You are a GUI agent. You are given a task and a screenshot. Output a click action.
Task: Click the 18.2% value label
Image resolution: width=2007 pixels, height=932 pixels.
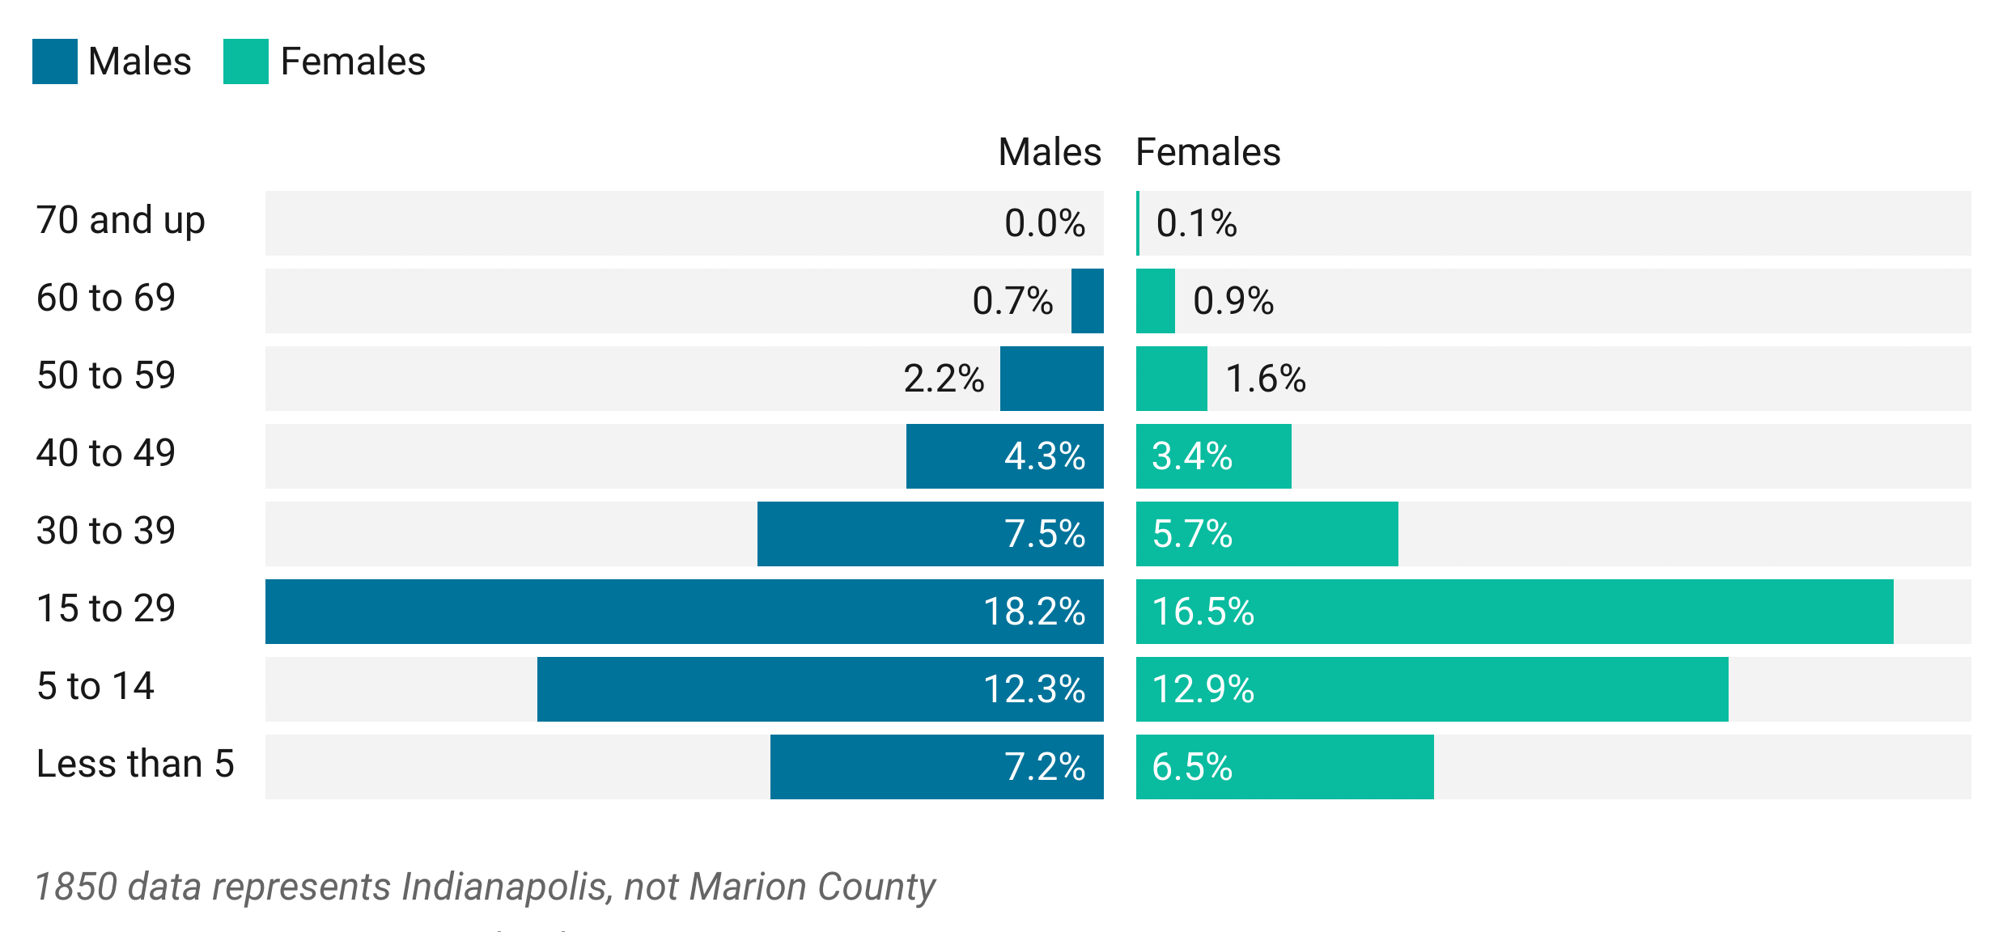point(1033,612)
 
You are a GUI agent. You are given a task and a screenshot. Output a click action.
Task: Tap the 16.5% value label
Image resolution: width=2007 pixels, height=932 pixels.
point(1203,612)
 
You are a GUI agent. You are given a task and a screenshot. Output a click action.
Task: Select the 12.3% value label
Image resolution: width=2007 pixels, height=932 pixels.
point(1033,689)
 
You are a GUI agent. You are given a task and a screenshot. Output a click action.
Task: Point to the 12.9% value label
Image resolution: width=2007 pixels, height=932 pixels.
point(1203,689)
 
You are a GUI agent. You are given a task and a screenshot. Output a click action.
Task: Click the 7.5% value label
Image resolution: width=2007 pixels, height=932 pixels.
point(1044,534)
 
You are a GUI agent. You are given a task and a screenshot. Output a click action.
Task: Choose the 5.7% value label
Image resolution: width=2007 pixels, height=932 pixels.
point(1192,534)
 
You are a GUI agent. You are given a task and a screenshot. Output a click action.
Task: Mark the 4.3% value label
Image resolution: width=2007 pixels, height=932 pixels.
point(1044,456)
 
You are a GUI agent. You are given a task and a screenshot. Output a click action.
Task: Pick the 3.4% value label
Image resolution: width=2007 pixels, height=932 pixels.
point(1192,456)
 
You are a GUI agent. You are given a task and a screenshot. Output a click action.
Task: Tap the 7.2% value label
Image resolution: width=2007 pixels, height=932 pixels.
point(1044,767)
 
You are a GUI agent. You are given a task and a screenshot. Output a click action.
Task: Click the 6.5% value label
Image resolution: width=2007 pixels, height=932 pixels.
point(1192,767)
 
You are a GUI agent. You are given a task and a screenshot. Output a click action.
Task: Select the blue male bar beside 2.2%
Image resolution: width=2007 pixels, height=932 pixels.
point(1059,379)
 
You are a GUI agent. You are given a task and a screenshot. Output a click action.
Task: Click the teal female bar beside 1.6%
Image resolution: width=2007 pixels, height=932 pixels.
point(1164,379)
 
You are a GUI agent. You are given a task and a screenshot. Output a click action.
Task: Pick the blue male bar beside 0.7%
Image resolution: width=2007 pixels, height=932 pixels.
point(1095,301)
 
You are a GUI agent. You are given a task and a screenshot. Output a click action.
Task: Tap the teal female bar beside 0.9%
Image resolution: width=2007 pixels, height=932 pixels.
point(1148,301)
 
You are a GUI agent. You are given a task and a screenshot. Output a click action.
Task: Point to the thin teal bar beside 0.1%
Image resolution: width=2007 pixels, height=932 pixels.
point(1130,220)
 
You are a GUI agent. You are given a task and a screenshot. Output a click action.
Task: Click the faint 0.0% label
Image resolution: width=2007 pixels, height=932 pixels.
point(1044,222)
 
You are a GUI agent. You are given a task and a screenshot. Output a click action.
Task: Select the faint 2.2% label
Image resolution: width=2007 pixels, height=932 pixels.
point(944,378)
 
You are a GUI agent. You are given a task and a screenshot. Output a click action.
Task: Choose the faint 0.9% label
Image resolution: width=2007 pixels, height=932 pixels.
point(1233,301)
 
